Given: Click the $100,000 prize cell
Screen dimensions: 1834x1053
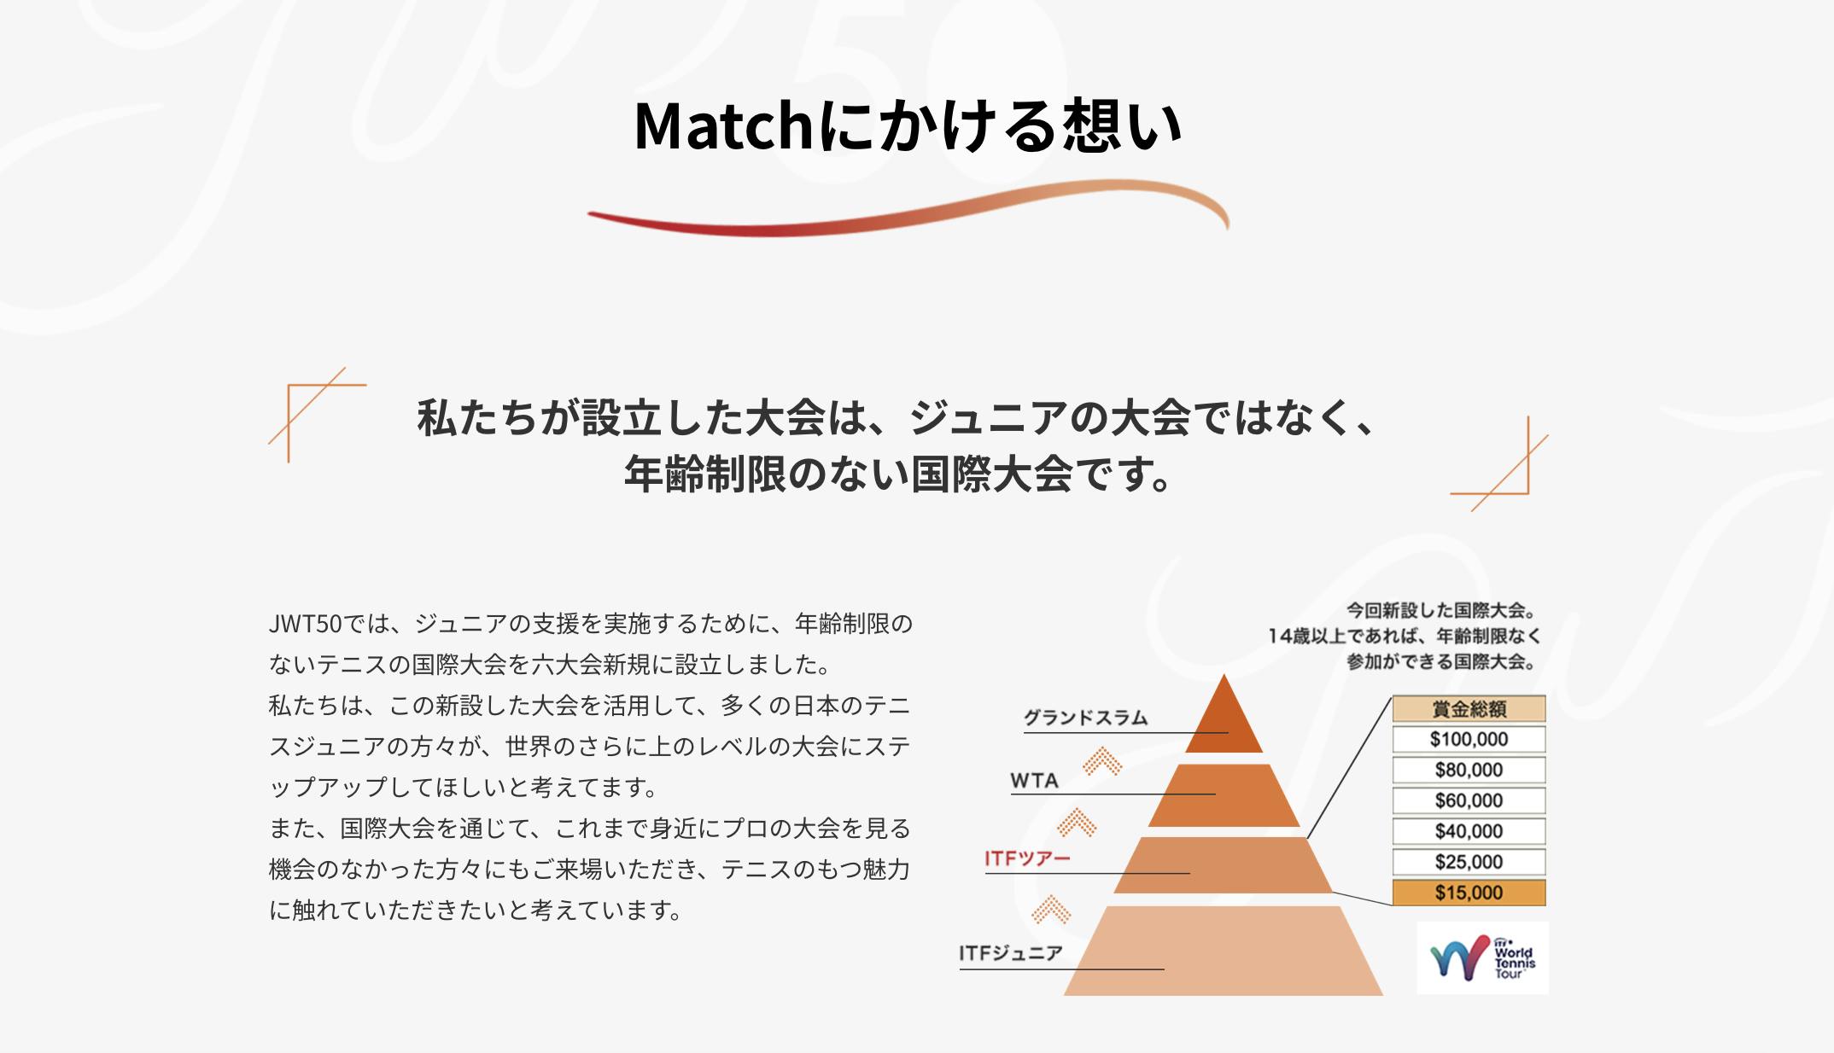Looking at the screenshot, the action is point(1469,739).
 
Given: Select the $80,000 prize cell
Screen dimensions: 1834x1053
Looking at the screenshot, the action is point(1469,770).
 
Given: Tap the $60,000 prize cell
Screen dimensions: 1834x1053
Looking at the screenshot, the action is point(1469,800).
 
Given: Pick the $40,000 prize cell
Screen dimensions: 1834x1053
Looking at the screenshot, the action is point(1469,831).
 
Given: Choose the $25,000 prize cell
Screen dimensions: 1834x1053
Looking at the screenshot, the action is point(1469,862).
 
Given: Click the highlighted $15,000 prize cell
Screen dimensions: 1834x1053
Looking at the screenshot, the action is point(1469,893).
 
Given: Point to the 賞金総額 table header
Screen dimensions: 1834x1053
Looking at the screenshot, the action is point(1469,708).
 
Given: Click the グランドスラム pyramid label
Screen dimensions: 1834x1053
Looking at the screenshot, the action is point(1085,718).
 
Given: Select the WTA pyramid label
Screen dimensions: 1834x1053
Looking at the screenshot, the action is point(1034,781).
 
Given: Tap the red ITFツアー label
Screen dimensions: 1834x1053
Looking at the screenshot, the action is point(1027,858).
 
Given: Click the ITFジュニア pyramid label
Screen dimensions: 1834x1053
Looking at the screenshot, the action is point(1011,953).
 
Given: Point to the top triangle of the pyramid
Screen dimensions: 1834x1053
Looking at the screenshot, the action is point(1224,721).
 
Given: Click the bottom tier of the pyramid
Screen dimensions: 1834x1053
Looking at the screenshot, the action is point(1224,951).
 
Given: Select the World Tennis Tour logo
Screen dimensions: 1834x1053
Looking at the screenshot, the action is point(1482,958).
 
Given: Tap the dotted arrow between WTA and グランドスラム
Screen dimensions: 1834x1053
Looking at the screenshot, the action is point(1102,760).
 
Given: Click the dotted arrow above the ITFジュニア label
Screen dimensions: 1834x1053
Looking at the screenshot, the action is point(1051,910).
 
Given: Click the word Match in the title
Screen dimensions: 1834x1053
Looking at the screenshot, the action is point(725,126).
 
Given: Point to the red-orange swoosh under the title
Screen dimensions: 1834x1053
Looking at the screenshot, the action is point(908,207).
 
